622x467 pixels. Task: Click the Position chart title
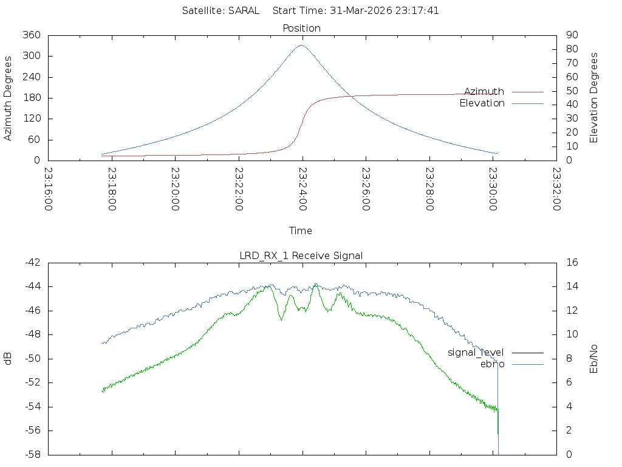point(302,29)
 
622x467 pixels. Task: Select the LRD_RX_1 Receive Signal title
point(301,256)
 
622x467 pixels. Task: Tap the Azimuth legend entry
point(484,92)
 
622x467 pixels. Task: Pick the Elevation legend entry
point(482,103)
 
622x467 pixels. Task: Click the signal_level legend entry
point(476,353)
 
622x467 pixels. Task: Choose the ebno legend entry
point(493,364)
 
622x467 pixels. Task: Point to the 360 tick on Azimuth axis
point(31,35)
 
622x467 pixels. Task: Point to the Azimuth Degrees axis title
point(9,98)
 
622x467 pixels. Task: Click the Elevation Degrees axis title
point(594,98)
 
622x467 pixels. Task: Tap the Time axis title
point(301,231)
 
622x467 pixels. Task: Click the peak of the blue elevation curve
point(301,45)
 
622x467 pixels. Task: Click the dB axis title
point(9,359)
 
